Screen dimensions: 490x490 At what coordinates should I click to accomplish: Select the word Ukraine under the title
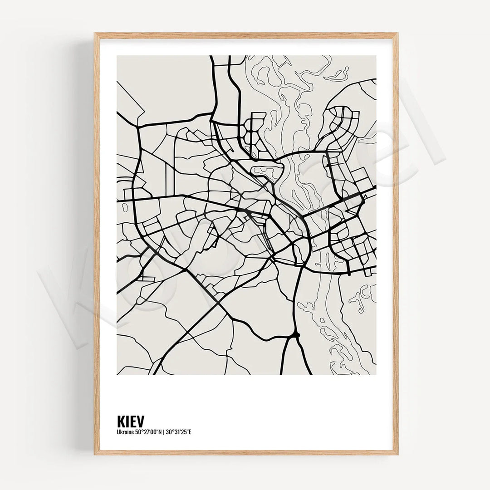[125, 431]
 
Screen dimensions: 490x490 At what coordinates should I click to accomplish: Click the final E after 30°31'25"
[191, 431]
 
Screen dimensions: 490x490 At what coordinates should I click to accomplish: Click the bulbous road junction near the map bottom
[297, 335]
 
